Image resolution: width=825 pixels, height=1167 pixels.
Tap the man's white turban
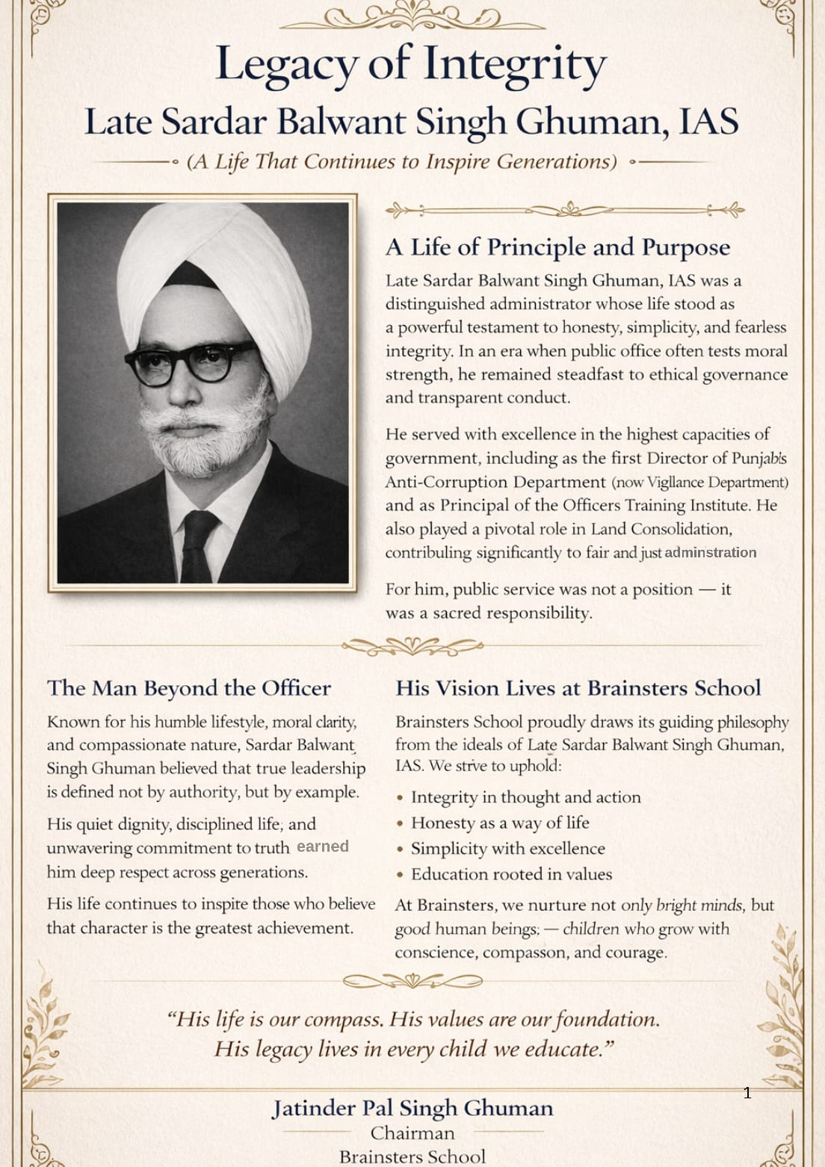click(217, 276)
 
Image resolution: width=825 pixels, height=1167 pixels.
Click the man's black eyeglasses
click(191, 362)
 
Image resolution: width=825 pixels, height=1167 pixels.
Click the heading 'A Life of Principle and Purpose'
click(557, 247)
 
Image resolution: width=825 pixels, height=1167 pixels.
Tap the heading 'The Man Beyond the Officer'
click(188, 688)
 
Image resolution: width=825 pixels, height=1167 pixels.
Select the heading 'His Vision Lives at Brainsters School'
click(578, 688)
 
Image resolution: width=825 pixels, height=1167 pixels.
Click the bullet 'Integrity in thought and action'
click(525, 797)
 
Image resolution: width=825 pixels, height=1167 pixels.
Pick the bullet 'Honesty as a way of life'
click(500, 823)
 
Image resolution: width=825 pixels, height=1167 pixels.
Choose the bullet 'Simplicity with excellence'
click(507, 849)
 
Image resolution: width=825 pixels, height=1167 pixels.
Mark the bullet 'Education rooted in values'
click(511, 874)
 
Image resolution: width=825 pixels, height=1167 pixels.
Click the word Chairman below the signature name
click(412, 1133)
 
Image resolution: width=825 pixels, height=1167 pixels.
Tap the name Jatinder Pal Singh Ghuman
click(412, 1108)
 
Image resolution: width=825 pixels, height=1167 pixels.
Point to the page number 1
click(747, 1093)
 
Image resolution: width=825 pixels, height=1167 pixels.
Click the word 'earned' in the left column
click(323, 846)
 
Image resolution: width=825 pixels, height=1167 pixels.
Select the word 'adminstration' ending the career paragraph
click(710, 553)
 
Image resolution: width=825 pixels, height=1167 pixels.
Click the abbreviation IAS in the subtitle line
click(708, 122)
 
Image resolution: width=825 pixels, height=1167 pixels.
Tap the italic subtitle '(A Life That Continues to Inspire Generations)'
click(402, 161)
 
